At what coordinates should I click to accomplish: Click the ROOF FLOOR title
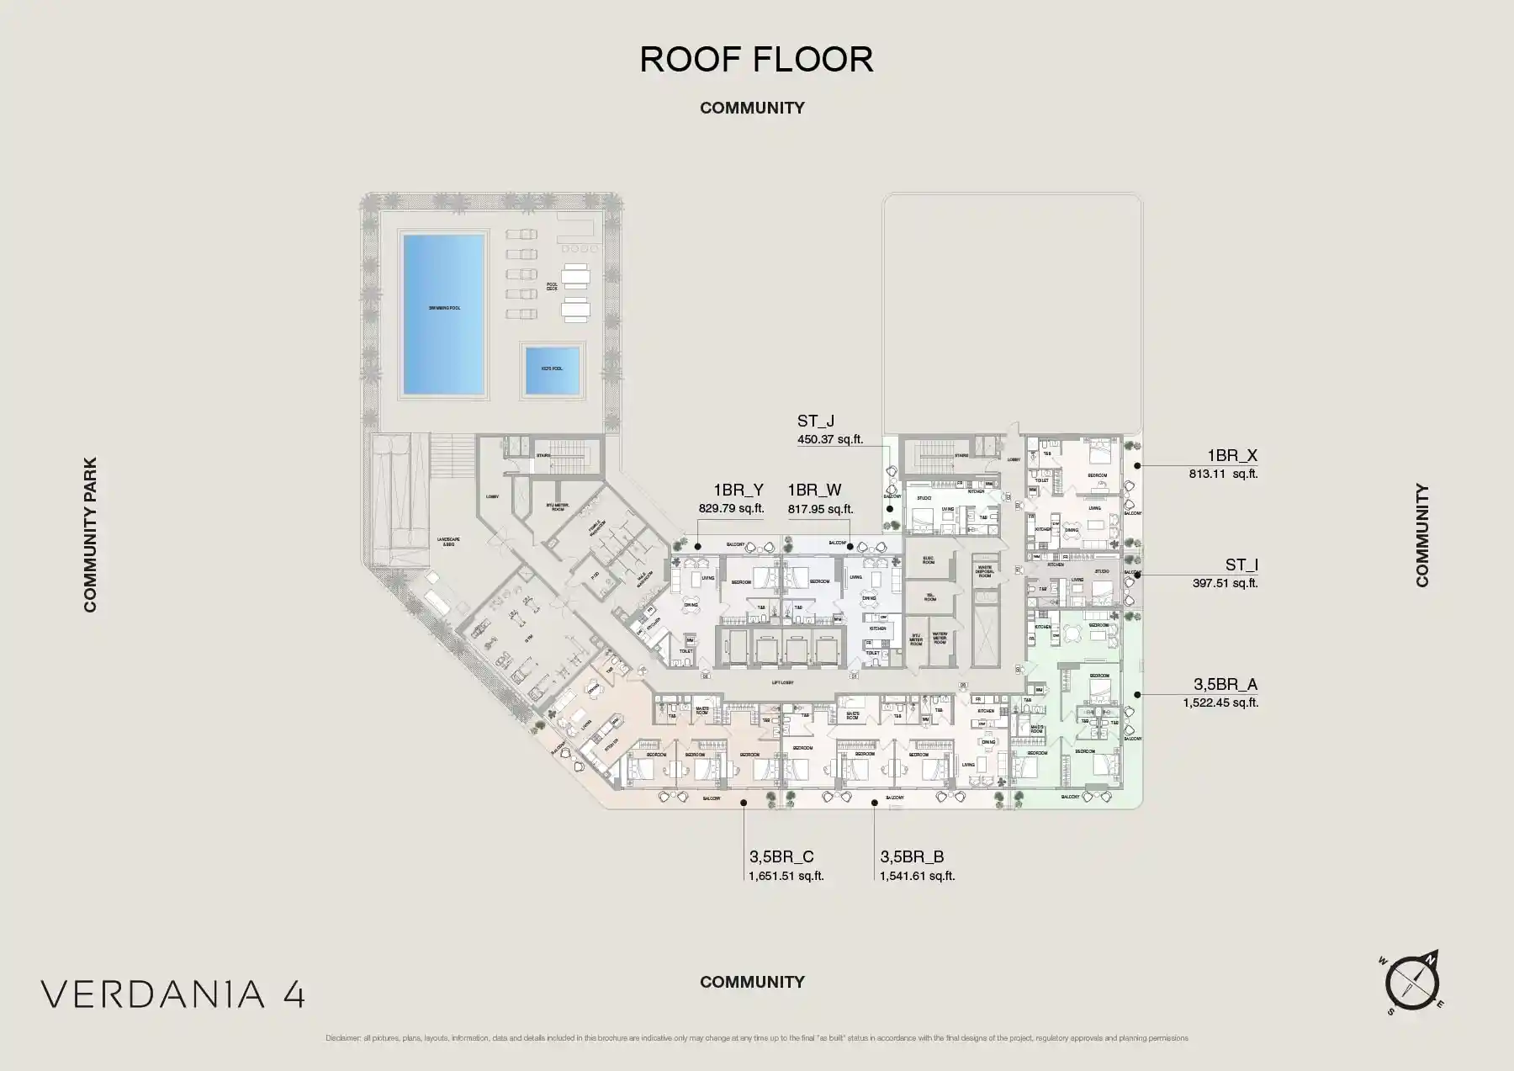coord(756,60)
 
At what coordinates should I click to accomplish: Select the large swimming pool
coord(443,314)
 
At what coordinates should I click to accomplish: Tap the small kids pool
coord(553,369)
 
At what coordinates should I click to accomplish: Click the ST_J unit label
coord(815,422)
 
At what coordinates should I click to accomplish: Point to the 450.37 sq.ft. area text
coord(829,439)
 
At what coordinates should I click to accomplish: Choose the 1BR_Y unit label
coord(738,490)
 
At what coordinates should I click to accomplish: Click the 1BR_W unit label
coord(814,490)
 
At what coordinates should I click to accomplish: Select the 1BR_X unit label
coord(1232,456)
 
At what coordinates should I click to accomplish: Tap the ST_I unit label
coord(1241,565)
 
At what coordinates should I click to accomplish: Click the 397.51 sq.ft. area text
coord(1225,583)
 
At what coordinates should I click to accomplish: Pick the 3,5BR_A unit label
coord(1225,685)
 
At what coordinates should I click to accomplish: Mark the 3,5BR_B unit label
coord(912,857)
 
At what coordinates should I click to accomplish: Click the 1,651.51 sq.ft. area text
coord(786,876)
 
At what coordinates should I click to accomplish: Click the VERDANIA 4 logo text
coord(173,994)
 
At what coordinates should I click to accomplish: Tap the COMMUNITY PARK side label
coord(90,534)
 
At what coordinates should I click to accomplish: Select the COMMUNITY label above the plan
coord(752,108)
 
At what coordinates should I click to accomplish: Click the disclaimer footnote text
coord(756,1038)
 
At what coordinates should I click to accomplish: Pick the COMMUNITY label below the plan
coord(752,982)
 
